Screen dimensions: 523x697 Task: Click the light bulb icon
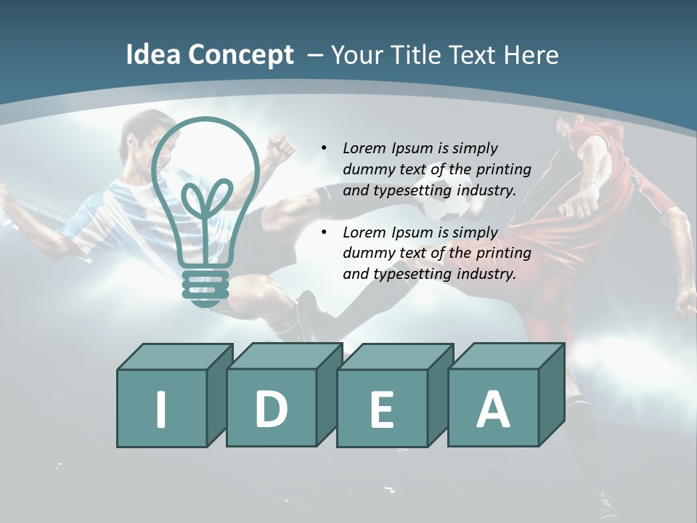(x=205, y=196)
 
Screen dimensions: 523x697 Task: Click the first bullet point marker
(x=325, y=148)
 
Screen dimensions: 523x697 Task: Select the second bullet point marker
(x=325, y=232)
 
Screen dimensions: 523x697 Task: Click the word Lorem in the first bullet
(x=364, y=148)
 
